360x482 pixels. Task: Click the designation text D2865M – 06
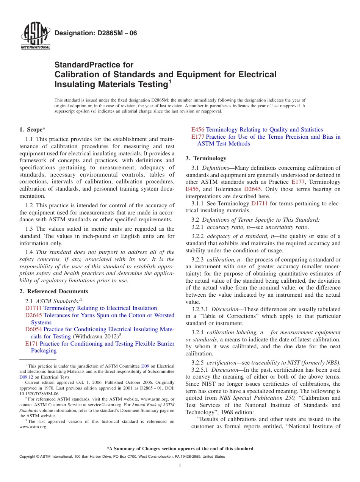96,33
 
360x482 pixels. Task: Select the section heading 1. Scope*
33,130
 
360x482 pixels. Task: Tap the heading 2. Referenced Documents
54,291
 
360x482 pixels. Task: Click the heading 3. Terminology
206,158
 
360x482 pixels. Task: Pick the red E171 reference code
31,344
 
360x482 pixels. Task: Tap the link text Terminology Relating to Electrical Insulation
100,308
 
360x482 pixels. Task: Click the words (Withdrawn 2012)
95,336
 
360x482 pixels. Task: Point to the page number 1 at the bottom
180,466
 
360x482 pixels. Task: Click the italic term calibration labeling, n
231,332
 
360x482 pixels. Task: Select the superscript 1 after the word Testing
170,81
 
